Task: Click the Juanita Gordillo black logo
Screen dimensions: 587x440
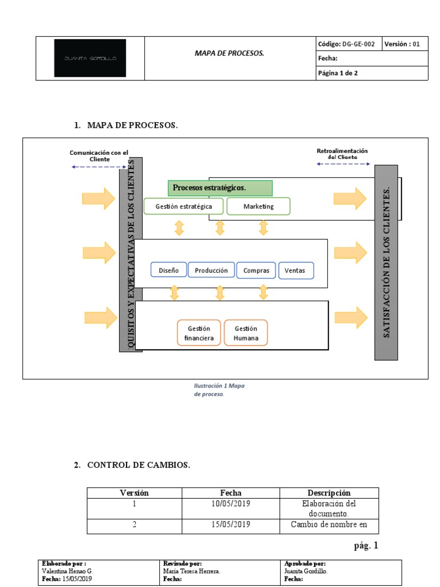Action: point(90,58)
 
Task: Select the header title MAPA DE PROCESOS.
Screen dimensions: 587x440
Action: point(229,53)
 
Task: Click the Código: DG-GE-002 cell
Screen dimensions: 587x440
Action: point(347,44)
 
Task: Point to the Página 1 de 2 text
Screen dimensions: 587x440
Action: point(338,73)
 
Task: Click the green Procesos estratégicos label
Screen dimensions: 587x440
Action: point(220,188)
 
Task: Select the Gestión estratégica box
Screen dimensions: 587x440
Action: point(183,206)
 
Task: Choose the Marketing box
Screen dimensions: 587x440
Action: point(258,206)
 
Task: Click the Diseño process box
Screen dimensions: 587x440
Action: point(168,270)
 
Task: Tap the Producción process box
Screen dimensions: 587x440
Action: point(211,270)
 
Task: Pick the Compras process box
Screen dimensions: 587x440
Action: point(256,270)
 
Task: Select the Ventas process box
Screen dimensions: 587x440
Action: point(296,270)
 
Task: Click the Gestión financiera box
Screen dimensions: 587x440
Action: point(199,333)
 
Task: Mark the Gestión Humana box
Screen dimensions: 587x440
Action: point(246,333)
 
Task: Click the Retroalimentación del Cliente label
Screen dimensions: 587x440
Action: point(343,154)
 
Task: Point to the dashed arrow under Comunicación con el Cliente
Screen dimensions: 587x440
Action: point(99,167)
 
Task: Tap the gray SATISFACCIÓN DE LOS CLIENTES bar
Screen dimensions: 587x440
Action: point(386,263)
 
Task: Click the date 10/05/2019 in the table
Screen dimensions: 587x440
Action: point(231,504)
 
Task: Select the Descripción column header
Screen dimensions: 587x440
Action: point(329,493)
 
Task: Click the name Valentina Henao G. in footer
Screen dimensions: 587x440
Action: point(68,571)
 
